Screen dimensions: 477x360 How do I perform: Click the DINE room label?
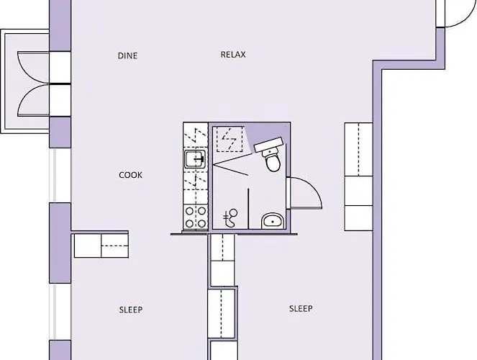pos(127,55)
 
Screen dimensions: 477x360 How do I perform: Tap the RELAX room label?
pos(233,55)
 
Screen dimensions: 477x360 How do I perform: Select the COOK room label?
pos(130,175)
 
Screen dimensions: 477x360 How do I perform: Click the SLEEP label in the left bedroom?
pos(131,310)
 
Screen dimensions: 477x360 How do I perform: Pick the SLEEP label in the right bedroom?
pos(301,309)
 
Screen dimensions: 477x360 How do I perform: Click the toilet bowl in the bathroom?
pos(273,161)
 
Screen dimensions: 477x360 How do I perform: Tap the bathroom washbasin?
pos(273,220)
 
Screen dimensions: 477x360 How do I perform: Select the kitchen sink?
pos(195,158)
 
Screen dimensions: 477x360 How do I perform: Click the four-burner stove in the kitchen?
pos(196,217)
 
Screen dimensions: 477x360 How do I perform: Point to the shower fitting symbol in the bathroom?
pos(230,218)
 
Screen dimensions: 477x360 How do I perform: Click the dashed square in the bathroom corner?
pos(230,139)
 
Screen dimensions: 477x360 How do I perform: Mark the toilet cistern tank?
pos(268,144)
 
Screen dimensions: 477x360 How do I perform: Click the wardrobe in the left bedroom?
pos(101,246)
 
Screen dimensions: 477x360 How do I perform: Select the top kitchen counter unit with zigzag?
pos(195,135)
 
